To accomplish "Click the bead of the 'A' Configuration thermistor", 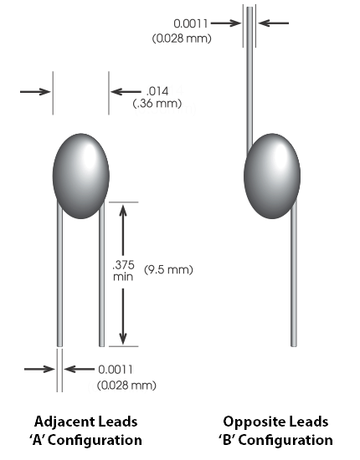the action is (x=81, y=176).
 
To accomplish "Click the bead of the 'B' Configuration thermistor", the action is (x=272, y=176).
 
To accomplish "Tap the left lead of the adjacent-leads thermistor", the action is (x=59, y=274).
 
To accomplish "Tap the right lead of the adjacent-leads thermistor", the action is (x=101, y=274).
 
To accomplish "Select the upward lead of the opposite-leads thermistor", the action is (x=249, y=79).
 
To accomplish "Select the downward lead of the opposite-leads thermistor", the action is (x=294, y=274).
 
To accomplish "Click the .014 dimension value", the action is (x=157, y=91).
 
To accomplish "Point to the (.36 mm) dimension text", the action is (x=157, y=103).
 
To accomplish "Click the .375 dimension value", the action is (x=124, y=264).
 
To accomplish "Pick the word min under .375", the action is (x=123, y=276).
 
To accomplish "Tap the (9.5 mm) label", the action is (x=168, y=269).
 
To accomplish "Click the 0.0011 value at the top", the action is (x=191, y=23).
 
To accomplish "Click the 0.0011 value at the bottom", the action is (x=116, y=370).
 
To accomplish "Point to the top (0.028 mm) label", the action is (x=182, y=38).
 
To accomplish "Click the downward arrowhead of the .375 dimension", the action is (x=123, y=337).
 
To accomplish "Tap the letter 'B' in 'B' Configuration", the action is (x=229, y=440).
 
